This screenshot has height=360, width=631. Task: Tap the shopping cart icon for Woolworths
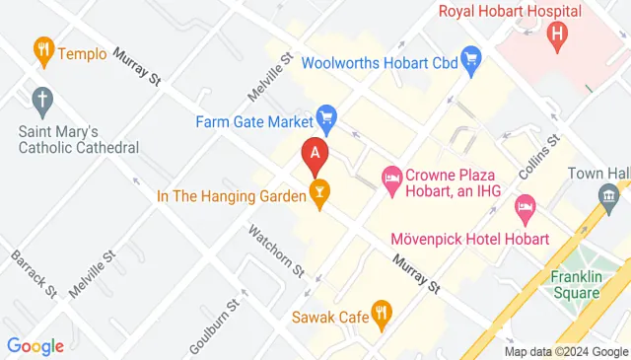click(x=470, y=62)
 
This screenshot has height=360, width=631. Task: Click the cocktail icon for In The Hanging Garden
click(x=318, y=194)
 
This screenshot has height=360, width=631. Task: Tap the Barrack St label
click(x=35, y=272)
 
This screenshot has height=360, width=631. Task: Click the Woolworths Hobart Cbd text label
click(x=380, y=62)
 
